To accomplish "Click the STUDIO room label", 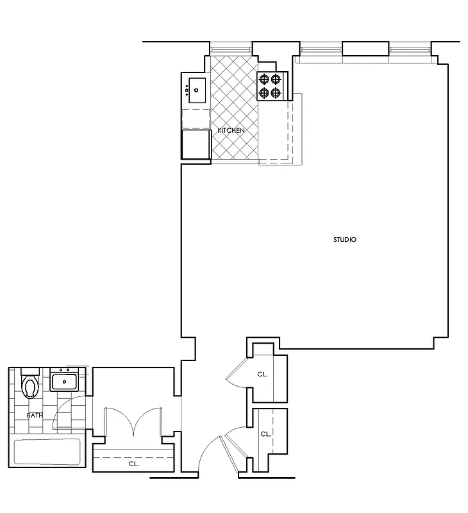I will click(344, 240).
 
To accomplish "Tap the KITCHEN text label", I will click(231, 131).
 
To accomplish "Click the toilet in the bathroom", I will click(30, 386).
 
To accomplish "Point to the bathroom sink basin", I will click(64, 383).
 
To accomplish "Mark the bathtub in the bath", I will click(47, 452).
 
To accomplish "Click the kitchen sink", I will click(196, 90).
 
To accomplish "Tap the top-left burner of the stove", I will click(263, 80).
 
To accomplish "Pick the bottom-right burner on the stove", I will click(276, 93).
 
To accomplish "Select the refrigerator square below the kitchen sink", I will click(196, 144).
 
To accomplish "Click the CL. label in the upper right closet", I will click(262, 374).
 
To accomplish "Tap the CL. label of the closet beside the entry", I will click(265, 434).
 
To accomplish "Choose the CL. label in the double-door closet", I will click(133, 463).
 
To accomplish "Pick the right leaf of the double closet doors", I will click(146, 420).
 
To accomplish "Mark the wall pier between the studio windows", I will click(365, 49).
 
